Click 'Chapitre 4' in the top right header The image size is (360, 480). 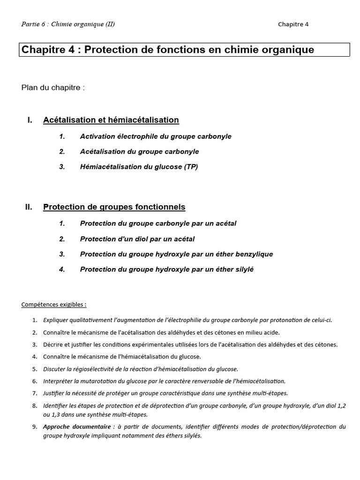tap(293, 24)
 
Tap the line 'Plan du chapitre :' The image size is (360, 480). tap(53, 88)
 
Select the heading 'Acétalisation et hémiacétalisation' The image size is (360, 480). tap(111, 120)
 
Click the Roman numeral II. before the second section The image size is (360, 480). tap(29, 207)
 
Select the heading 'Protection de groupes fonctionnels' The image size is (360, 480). tap(114, 207)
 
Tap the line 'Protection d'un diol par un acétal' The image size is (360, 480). tap(137, 239)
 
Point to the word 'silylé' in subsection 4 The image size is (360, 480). tap(243, 270)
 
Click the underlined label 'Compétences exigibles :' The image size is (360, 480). tap(54, 305)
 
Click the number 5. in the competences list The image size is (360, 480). tap(34, 369)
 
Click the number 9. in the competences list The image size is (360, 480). tap(34, 427)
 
